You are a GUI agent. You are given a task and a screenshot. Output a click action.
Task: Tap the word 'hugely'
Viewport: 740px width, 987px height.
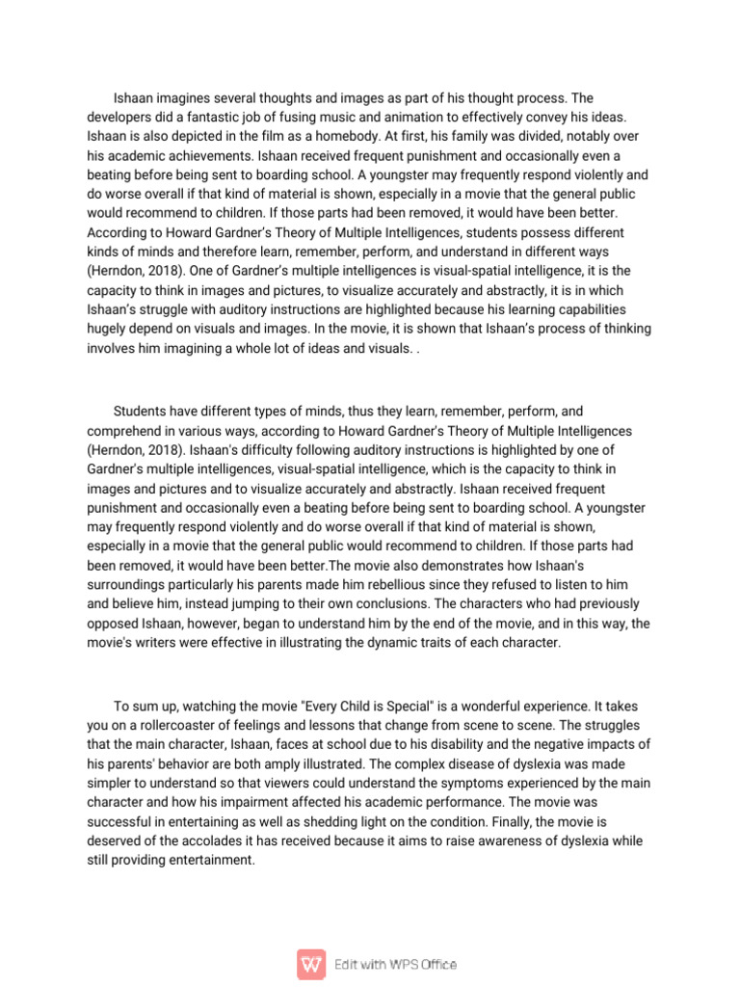(107, 329)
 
